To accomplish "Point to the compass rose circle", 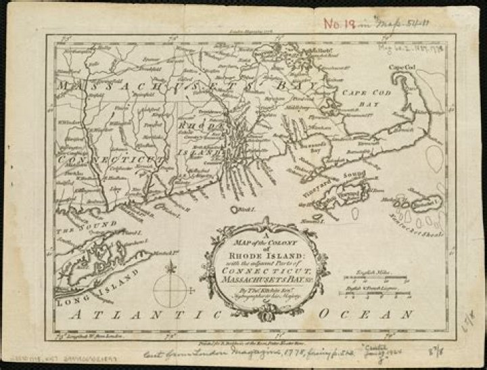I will coord(169,290).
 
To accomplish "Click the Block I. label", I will coord(244,210).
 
